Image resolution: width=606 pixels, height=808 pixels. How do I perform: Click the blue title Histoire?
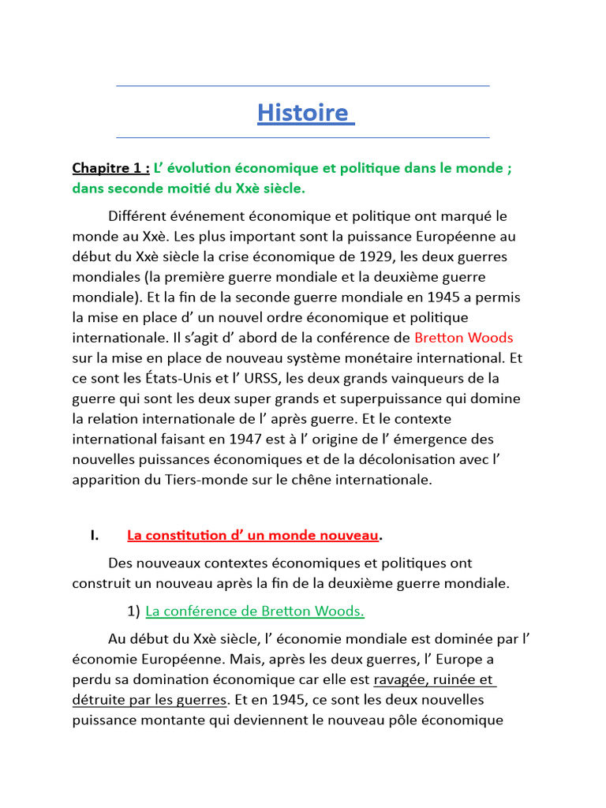(x=303, y=113)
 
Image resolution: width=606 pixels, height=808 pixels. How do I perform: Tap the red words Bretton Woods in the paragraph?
(x=463, y=338)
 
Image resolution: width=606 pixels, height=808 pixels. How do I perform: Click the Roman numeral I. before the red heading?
(x=94, y=536)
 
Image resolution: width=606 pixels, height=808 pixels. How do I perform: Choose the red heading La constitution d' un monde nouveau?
(x=252, y=536)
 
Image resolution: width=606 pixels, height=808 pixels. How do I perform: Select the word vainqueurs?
(x=403, y=378)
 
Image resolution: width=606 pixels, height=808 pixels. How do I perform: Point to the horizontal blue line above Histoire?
(x=303, y=85)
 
